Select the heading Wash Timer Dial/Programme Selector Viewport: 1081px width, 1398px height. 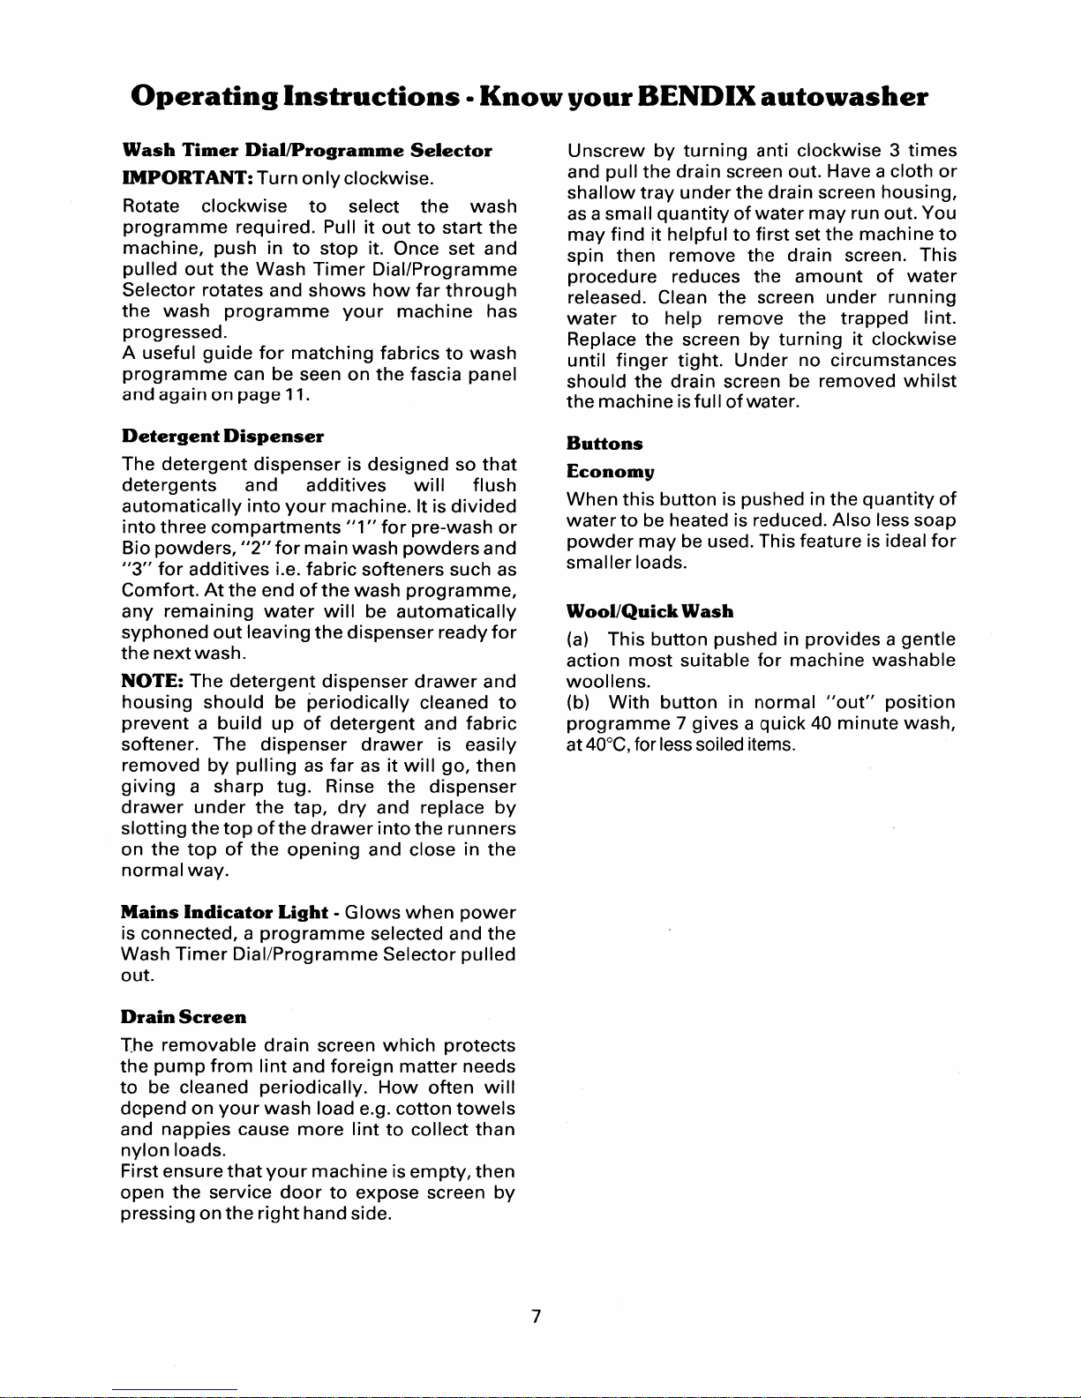pyautogui.click(x=306, y=151)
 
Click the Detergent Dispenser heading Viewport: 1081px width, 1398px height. pyautogui.click(x=222, y=437)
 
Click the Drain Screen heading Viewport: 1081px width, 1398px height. pyautogui.click(x=184, y=1017)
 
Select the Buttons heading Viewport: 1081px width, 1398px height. pyautogui.click(x=605, y=444)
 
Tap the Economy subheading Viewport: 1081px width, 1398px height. pyautogui.click(x=610, y=472)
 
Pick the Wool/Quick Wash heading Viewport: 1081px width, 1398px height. pyautogui.click(x=649, y=611)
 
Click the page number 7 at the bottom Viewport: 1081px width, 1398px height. pyautogui.click(x=535, y=1317)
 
